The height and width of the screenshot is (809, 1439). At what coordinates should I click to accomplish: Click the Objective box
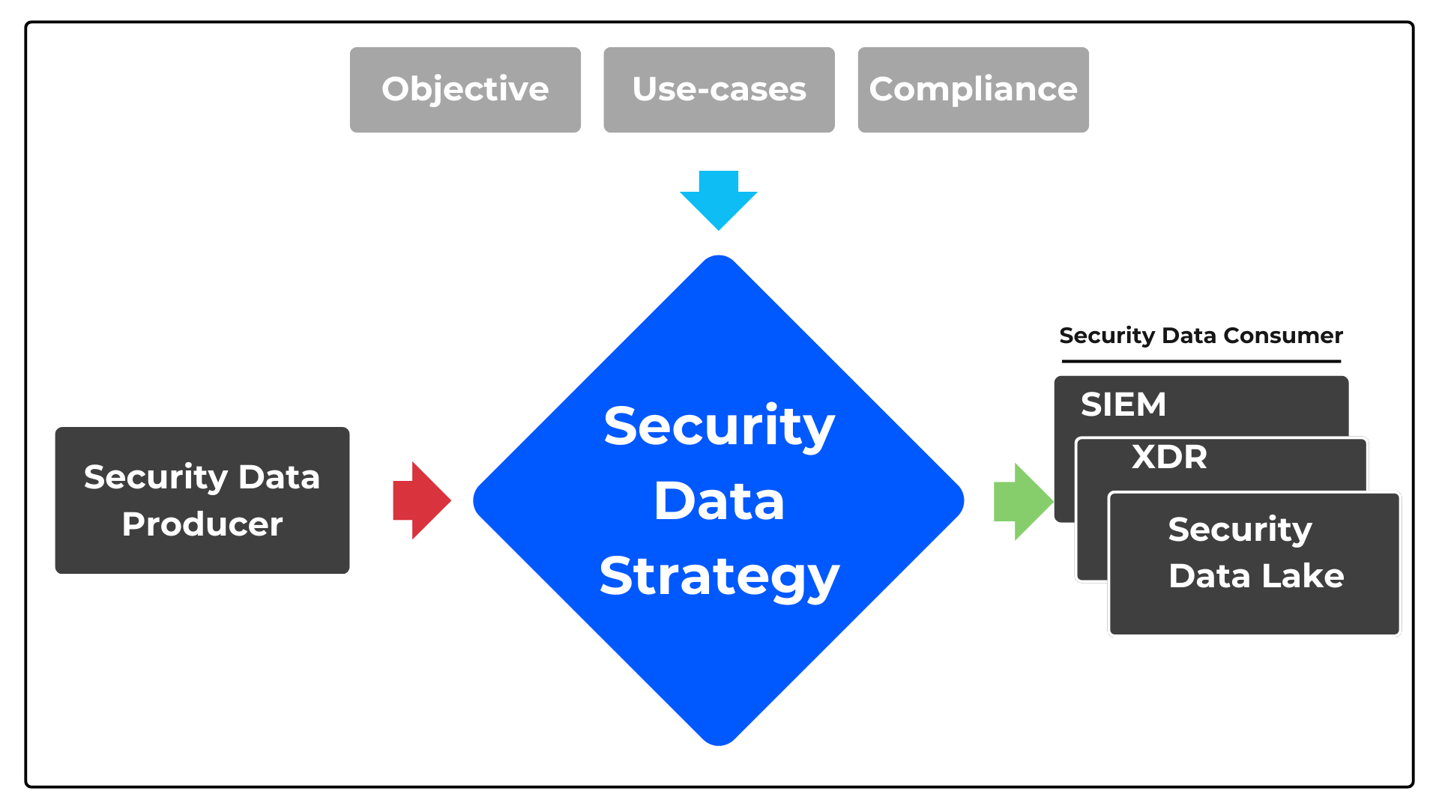[x=465, y=90]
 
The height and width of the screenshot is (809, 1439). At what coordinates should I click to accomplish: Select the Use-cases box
[x=719, y=90]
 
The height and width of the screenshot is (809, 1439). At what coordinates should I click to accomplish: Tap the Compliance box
[x=973, y=90]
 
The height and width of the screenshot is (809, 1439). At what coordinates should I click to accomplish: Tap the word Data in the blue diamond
[x=719, y=501]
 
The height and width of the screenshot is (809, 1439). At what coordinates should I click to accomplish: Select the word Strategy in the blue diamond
[x=719, y=577]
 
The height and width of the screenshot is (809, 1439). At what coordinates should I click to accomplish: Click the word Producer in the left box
[x=202, y=524]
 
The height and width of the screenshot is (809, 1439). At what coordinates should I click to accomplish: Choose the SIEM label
[x=1123, y=405]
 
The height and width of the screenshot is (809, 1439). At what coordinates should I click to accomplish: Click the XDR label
[x=1169, y=457]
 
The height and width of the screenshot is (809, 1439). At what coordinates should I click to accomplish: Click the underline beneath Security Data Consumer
[x=1201, y=361]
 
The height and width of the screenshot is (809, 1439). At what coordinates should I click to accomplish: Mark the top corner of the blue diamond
[x=719, y=259]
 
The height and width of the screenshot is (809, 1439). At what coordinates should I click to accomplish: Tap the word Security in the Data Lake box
[x=1240, y=530]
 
